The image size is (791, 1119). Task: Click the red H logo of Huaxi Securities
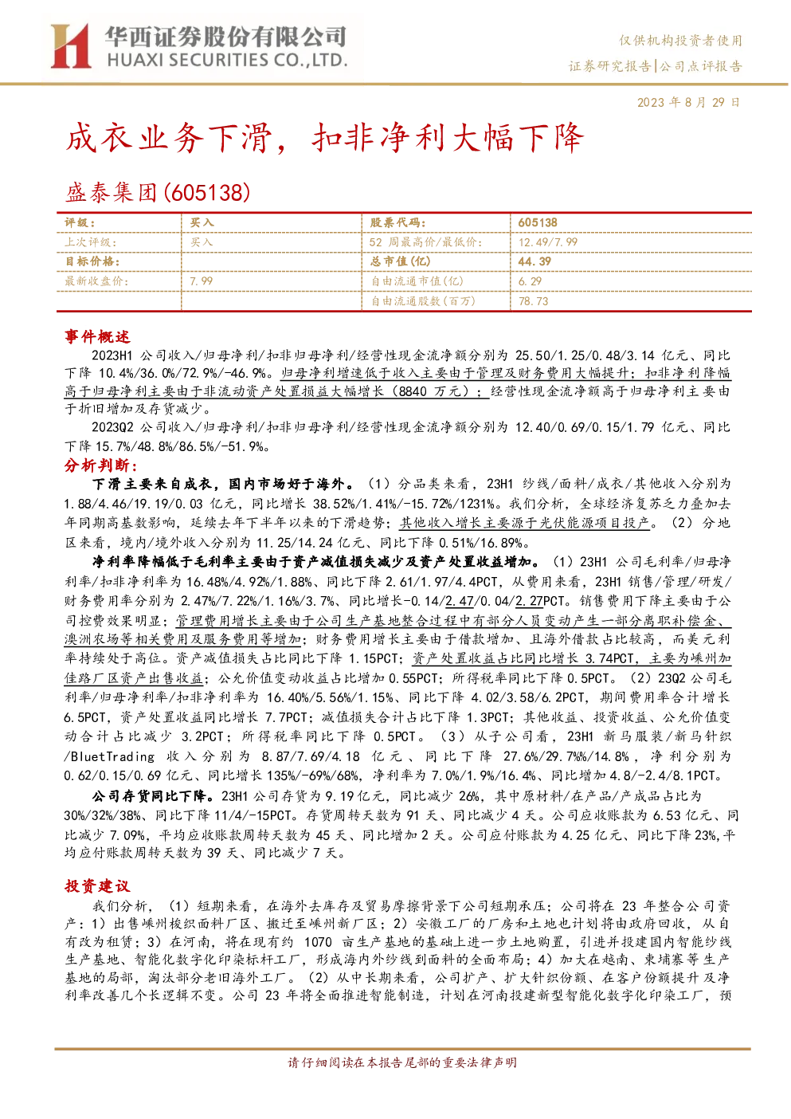point(71,46)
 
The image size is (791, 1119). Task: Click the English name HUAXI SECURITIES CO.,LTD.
point(227,61)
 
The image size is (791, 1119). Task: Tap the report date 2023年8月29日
point(688,102)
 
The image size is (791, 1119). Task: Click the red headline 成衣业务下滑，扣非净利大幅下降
point(324,137)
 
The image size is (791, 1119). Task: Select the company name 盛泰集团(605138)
point(158,193)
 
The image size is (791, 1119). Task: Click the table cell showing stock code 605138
point(538,223)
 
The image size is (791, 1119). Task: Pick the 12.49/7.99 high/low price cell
point(548,242)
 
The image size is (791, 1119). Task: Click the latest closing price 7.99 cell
point(202,281)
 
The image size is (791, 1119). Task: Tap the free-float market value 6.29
point(530,281)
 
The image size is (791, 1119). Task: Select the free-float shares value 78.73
point(534,301)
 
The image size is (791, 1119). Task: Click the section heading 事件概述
point(97,336)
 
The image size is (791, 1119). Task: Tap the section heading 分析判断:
point(100,465)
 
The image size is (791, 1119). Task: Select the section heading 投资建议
point(97,886)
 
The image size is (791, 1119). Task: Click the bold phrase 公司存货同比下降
point(153,795)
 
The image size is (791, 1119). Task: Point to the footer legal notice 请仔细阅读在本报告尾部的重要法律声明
point(402,1062)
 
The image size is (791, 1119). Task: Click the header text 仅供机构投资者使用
point(680,41)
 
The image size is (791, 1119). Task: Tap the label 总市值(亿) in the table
point(400,261)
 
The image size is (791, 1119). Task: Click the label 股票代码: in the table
point(397,223)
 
